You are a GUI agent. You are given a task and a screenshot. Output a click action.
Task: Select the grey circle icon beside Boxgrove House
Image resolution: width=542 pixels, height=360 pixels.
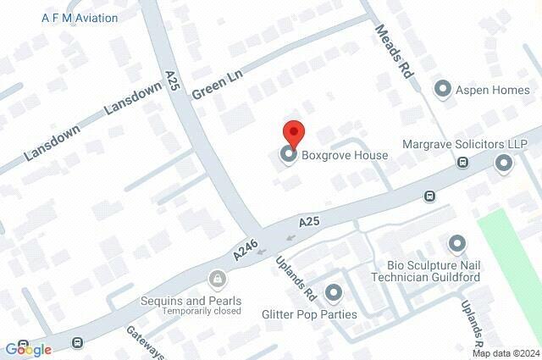tap(289, 155)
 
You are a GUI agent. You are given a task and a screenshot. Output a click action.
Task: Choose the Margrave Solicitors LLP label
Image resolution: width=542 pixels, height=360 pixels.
tap(465, 144)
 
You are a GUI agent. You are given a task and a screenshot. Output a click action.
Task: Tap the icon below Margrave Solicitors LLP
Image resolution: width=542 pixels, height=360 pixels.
tap(504, 164)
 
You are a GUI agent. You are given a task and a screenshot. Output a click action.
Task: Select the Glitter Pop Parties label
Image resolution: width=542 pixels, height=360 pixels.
tap(309, 314)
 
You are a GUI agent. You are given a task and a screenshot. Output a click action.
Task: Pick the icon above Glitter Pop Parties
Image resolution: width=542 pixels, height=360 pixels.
tap(333, 293)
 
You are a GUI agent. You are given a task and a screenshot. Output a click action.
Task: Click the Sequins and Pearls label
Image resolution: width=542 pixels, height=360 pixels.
tap(191, 301)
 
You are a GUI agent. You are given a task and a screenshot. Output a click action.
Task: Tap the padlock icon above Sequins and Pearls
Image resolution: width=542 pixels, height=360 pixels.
tap(218, 279)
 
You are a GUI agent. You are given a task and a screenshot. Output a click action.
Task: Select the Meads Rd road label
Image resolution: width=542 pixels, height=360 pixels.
tap(395, 52)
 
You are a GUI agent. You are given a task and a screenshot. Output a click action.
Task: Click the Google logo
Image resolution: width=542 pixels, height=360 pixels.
tap(28, 349)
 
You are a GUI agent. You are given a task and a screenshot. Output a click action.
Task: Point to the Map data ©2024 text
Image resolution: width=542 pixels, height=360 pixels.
tap(506, 353)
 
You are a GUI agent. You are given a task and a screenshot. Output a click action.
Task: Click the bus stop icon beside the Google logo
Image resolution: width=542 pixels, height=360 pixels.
tap(78, 343)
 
